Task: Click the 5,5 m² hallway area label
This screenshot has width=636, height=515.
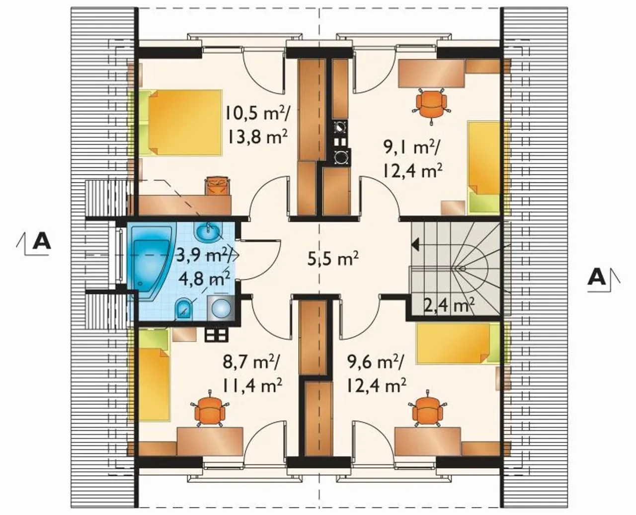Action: (332, 259)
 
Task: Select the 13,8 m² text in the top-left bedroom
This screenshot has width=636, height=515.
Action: (258, 137)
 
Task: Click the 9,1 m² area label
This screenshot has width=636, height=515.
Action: (411, 147)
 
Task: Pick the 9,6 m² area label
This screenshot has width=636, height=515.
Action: (375, 363)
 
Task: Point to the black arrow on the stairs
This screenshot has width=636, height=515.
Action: (415, 245)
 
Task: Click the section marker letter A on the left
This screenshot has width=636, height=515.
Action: (42, 242)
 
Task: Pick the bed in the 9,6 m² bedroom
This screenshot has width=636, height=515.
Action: (458, 343)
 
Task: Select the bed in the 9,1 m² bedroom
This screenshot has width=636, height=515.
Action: (484, 167)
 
